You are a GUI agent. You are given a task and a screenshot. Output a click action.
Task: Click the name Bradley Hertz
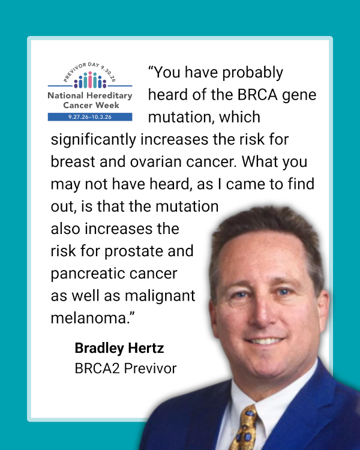pyautogui.click(x=119, y=349)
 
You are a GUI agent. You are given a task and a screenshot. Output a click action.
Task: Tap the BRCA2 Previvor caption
pyautogui.click(x=125, y=368)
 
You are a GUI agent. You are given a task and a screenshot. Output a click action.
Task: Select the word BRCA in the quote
pyautogui.click(x=257, y=95)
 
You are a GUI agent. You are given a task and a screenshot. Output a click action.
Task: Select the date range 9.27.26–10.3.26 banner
pyautogui.click(x=90, y=117)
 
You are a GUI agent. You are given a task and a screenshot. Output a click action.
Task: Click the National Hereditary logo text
pyautogui.click(x=90, y=95)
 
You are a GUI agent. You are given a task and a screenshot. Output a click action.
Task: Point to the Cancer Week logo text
pyautogui.click(x=91, y=106)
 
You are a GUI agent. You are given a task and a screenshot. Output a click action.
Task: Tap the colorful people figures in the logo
pyautogui.click(x=90, y=80)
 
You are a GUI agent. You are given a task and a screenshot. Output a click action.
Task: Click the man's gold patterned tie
pyautogui.click(x=245, y=427)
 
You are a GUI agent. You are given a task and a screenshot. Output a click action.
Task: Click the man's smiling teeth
pyautogui.click(x=264, y=341)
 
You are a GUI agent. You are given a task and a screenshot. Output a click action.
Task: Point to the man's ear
pyautogui.click(x=323, y=310)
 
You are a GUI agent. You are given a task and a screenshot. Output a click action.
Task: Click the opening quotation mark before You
pyautogui.click(x=151, y=68)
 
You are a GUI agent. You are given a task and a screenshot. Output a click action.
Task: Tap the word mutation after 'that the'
pyautogui.click(x=187, y=206)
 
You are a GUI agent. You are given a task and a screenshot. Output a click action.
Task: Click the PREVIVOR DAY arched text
pyautogui.click(x=89, y=70)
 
